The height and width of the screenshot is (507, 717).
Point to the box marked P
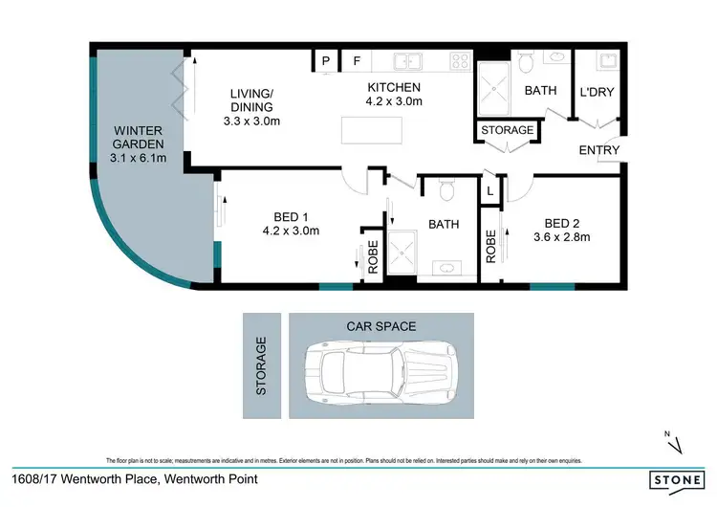pos(326,62)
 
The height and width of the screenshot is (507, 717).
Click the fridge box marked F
pos(357,62)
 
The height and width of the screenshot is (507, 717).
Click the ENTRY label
pos(599,150)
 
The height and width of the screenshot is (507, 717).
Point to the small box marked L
pos(490,191)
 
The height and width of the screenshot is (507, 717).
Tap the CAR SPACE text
pos(380,326)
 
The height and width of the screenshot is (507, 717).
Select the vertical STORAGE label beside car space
pos(260,364)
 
